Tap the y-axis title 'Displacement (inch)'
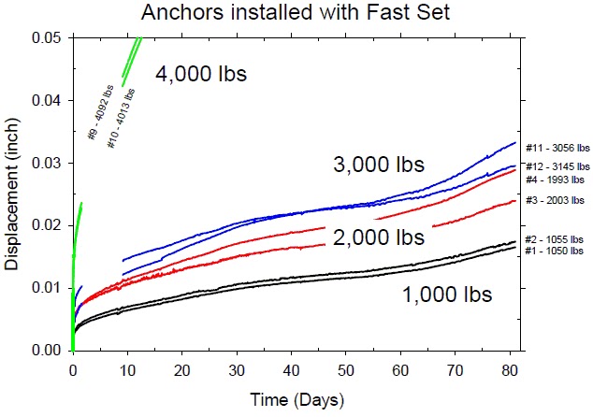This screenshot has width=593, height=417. coord(12,193)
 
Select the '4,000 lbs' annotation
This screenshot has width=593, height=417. coord(201,73)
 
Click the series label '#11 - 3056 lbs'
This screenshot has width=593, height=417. coord(557,147)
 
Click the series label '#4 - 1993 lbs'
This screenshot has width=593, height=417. coord(555,179)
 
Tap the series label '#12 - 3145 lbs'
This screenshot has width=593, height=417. coord(557,166)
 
